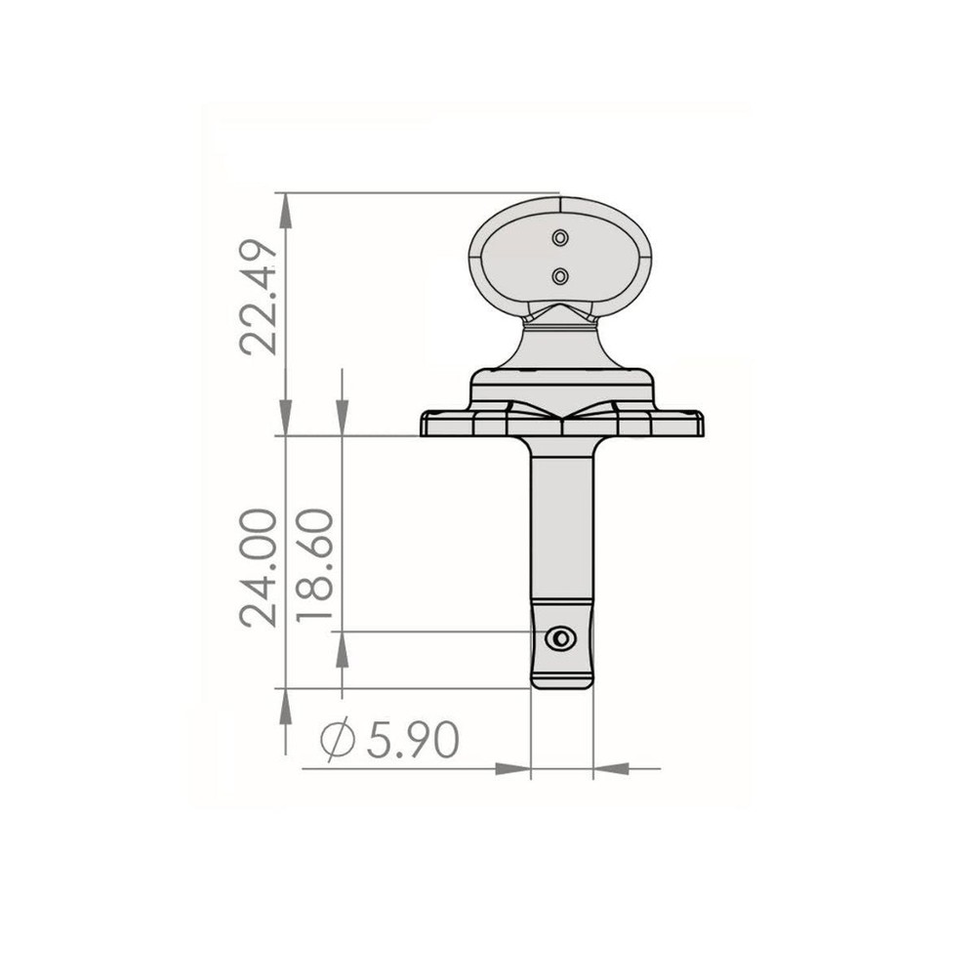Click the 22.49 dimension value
click(258, 297)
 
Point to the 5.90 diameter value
click(412, 743)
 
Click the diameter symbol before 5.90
click(337, 743)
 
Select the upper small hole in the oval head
click(560, 237)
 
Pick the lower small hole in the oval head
click(560, 277)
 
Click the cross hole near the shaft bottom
click(560, 639)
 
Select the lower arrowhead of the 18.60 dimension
click(342, 648)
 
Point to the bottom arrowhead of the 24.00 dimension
click(285, 705)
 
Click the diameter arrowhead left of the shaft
click(514, 769)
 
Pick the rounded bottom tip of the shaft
click(561, 683)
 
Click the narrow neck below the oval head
click(561, 342)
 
